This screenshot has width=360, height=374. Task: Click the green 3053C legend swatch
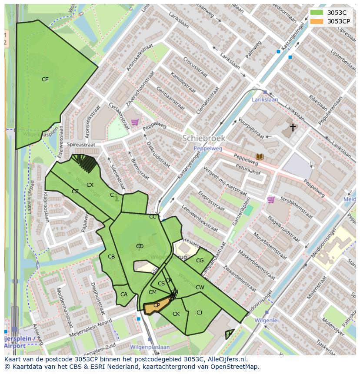click(x=317, y=13)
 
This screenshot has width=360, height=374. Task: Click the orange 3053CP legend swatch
click(x=317, y=21)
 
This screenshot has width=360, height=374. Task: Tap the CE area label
click(x=45, y=79)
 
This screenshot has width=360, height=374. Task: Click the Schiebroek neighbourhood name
click(x=203, y=138)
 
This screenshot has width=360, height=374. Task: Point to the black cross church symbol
click(x=293, y=127)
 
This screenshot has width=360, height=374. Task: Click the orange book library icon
click(x=260, y=156)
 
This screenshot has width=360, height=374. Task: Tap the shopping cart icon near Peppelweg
click(x=135, y=122)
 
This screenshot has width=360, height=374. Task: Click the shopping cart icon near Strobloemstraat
click(x=271, y=199)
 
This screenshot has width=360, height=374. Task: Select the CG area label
click(x=200, y=261)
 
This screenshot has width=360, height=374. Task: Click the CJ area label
click(x=199, y=312)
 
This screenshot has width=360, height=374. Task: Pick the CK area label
click(x=176, y=314)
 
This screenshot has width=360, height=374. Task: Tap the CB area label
click(x=111, y=257)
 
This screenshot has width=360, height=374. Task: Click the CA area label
click(x=124, y=295)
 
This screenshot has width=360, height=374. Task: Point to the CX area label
click(x=90, y=185)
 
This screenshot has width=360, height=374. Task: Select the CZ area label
click(x=75, y=192)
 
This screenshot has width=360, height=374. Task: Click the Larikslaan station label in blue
click(x=265, y=99)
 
